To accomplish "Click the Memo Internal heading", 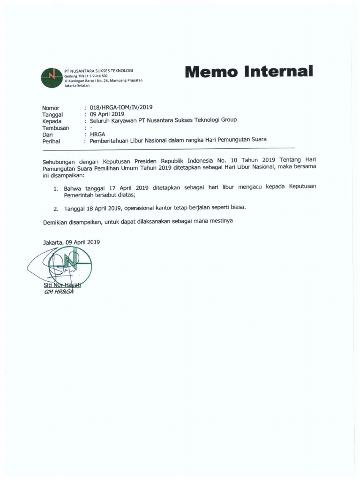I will pos(248,72).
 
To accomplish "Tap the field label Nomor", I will pos(51,107).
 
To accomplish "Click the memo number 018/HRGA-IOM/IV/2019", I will pos(121,107).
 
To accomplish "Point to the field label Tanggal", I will pos(52,114).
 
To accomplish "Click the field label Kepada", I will pos(52,120).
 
